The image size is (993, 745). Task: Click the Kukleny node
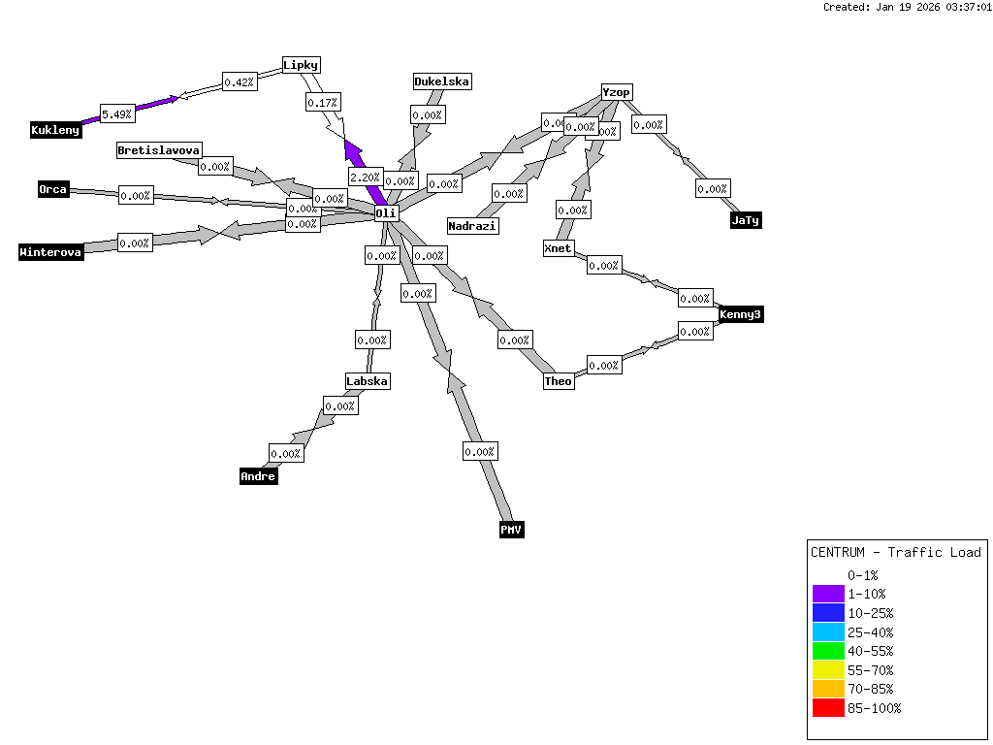55,130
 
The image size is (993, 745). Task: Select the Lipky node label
301,65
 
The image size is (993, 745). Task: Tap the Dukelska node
442,81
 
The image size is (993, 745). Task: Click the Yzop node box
617,92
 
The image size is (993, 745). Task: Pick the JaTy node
746,220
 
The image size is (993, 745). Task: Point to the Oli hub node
387,212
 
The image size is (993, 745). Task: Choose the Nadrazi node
472,226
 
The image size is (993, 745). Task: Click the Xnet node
558,248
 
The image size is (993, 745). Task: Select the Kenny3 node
741,314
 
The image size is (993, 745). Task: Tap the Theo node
559,381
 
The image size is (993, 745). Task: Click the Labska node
368,381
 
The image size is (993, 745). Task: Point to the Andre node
258,476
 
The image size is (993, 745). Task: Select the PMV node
512,530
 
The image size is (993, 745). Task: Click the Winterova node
51,252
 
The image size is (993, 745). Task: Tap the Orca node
53,189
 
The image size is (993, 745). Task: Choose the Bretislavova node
159,150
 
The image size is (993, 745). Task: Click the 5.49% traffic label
117,114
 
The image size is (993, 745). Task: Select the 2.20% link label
365,178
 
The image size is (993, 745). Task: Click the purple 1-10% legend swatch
828,594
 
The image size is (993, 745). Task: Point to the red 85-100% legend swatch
828,708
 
